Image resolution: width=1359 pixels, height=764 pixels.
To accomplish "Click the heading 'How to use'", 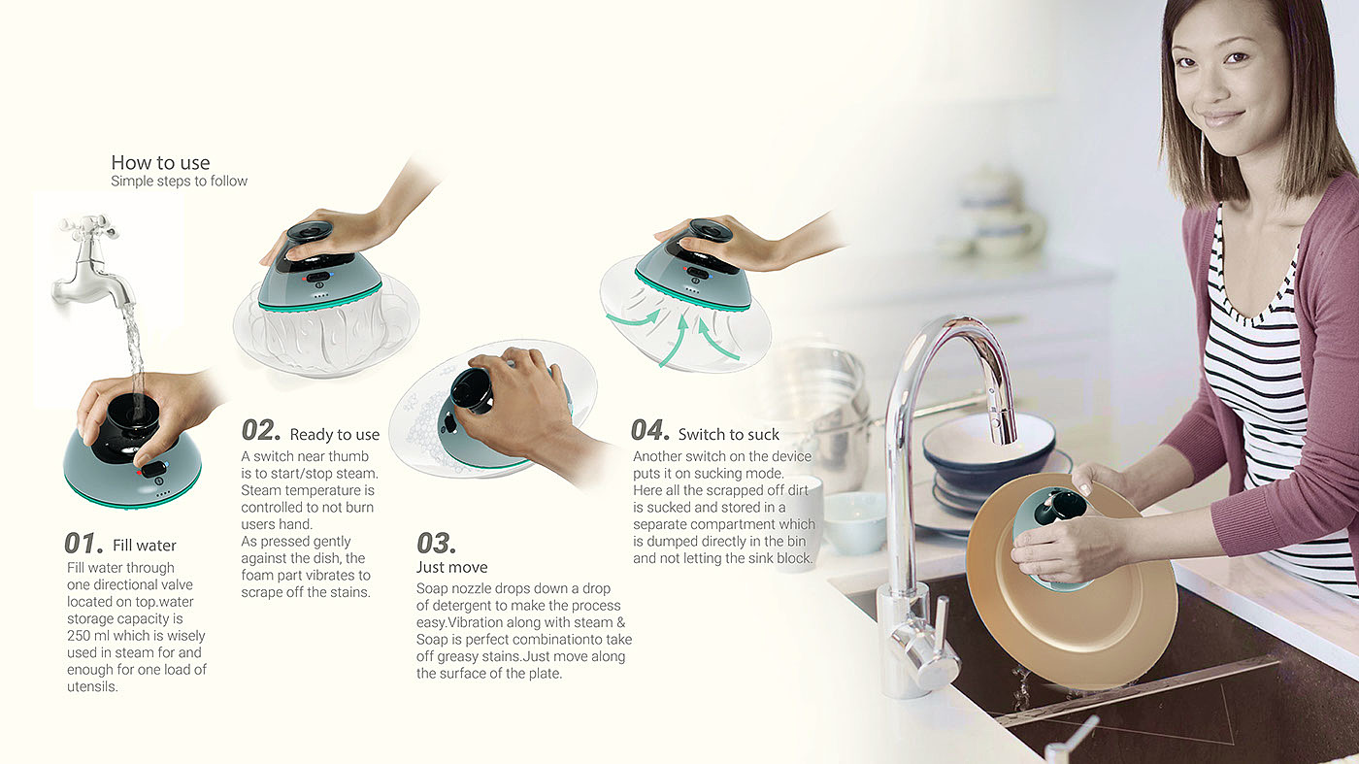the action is click(160, 163).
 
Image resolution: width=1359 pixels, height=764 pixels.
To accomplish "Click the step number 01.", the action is click(83, 543).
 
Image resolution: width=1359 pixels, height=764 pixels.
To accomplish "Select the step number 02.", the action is click(261, 430).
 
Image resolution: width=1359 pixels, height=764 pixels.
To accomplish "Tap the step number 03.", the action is click(436, 543).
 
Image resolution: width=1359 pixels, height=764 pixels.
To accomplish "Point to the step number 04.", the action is click(650, 430).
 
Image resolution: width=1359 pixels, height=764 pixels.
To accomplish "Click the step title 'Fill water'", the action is click(145, 546).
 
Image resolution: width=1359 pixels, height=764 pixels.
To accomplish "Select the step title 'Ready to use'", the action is click(334, 435).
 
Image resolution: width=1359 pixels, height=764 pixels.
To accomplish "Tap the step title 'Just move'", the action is click(452, 567).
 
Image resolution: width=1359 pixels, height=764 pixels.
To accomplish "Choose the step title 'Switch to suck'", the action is click(729, 435).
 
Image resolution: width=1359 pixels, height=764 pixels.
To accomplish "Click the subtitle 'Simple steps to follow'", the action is click(179, 181).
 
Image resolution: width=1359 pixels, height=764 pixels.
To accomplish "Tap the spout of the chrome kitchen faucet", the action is click(1004, 418).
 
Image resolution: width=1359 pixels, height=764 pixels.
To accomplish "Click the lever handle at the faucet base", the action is click(943, 625).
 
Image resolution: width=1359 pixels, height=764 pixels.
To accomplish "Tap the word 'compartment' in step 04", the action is click(754, 524).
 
